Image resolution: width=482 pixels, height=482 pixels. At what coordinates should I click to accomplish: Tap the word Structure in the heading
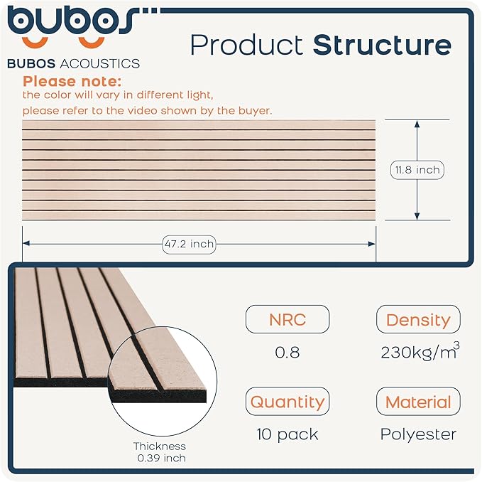[x=382, y=45]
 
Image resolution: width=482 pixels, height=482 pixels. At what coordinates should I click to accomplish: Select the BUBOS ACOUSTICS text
[x=73, y=64]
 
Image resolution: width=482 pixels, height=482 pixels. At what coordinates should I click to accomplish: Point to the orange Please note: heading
[x=72, y=81]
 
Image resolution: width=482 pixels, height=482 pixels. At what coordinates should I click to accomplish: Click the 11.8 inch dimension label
[x=417, y=170]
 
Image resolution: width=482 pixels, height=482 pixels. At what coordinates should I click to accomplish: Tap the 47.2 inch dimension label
[x=188, y=244]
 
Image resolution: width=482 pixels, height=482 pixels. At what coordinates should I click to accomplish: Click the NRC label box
[x=287, y=319]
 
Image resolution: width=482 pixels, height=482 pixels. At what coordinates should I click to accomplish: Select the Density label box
[x=418, y=320]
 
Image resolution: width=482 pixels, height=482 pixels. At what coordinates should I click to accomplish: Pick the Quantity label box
[x=287, y=402]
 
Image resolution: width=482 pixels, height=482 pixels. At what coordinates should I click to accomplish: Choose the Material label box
[x=418, y=402]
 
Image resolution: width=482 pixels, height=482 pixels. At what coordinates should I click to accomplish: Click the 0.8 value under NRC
[x=287, y=353]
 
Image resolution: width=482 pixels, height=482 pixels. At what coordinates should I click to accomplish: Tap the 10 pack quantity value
[x=287, y=434]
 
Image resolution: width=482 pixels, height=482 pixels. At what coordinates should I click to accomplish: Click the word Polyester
[x=418, y=434]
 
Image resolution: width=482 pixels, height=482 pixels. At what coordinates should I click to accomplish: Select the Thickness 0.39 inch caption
[x=160, y=452]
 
